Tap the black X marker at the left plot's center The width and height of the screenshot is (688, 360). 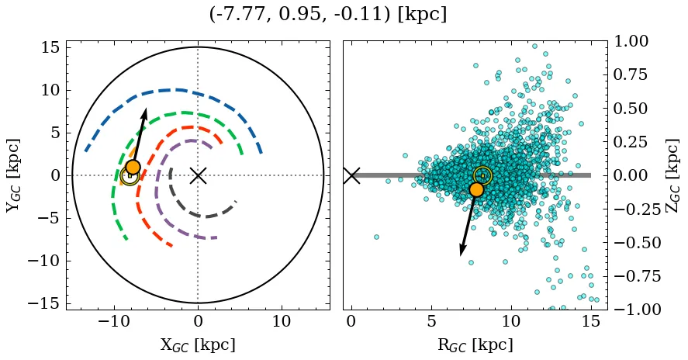pyautogui.click(x=198, y=175)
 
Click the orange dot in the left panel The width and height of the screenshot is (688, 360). pyautogui.click(x=133, y=167)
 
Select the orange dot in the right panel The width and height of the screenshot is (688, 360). pyautogui.click(x=476, y=189)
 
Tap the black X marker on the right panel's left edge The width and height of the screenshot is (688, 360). pyautogui.click(x=351, y=175)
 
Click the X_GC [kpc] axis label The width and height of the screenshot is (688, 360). pyautogui.click(x=198, y=344)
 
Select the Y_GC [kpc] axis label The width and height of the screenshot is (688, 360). pyautogui.click(x=13, y=175)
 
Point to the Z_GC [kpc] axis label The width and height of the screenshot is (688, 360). pyautogui.click(x=672, y=175)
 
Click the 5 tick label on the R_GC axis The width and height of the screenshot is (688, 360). pyautogui.click(x=430, y=321)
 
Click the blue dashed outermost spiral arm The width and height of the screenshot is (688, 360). pyautogui.click(x=178, y=90)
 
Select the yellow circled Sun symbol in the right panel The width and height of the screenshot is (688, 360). pyautogui.click(x=482, y=176)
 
